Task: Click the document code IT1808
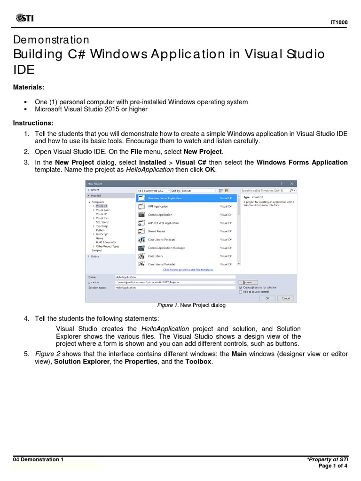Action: tap(338, 22)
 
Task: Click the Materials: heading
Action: tap(30, 87)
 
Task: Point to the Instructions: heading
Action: tap(33, 123)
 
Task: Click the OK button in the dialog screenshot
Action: tap(267, 298)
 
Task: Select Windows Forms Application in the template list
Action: tap(165, 198)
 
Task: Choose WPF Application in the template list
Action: tap(158, 206)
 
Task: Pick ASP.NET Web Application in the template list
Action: tap(163, 223)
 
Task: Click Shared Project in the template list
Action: tap(157, 231)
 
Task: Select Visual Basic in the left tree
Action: tap(103, 210)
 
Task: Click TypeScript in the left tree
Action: tap(102, 226)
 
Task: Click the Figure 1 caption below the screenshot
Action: tap(191, 305)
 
